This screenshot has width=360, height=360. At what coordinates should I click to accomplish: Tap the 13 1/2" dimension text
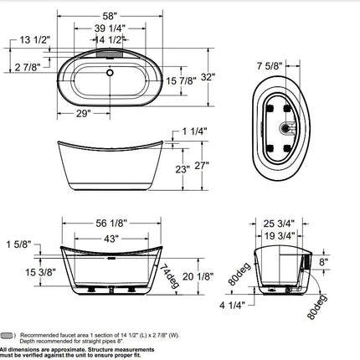click(x=32, y=40)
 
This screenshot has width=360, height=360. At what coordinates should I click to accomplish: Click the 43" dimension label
click(x=108, y=240)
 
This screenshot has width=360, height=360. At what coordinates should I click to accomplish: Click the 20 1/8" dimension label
click(x=193, y=279)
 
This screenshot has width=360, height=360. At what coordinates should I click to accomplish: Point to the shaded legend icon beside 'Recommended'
click(x=10, y=332)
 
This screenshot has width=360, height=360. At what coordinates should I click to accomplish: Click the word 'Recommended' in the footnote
click(x=41, y=332)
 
